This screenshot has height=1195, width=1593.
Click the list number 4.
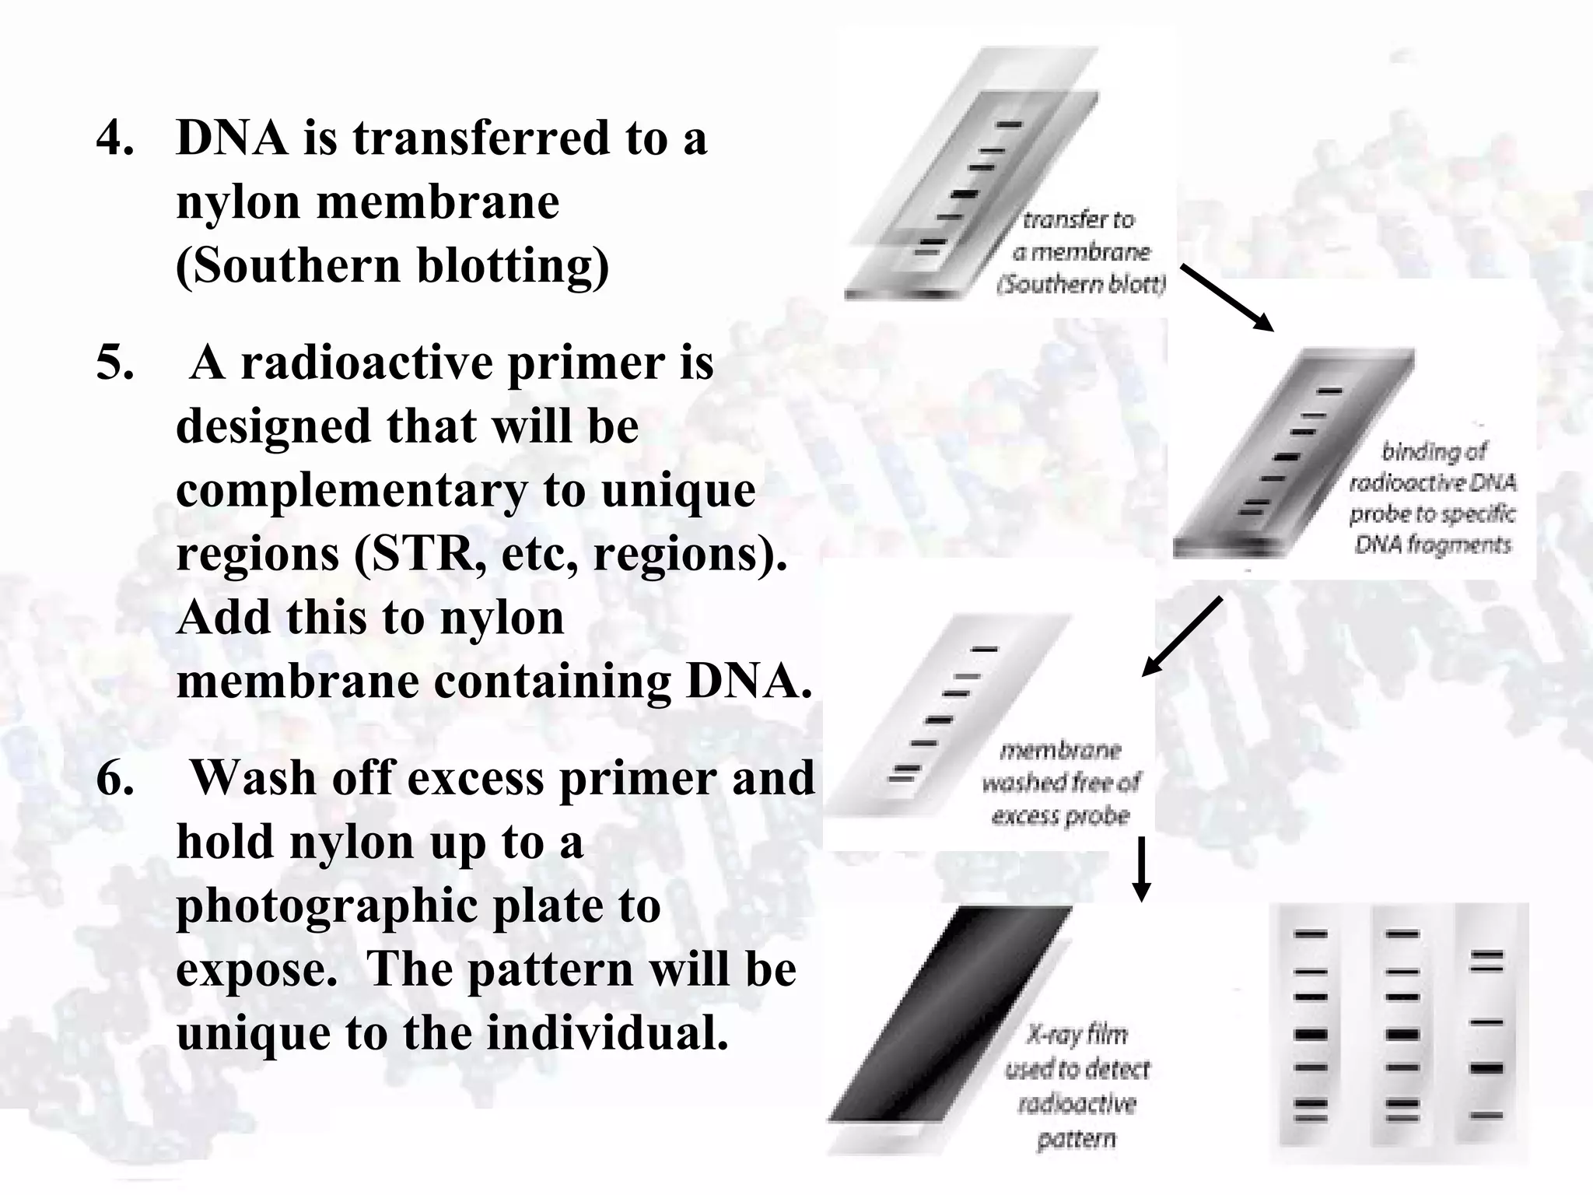(114, 138)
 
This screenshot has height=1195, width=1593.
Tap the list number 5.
(114, 363)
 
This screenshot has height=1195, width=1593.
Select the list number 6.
(114, 779)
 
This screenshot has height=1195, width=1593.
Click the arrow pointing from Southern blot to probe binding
(1226, 297)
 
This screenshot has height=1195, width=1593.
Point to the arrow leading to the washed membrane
(1182, 636)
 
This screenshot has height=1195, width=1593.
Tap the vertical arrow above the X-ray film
(1141, 869)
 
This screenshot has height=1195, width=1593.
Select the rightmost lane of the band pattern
(1486, 1035)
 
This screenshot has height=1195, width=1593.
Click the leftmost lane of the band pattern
(1311, 1035)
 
